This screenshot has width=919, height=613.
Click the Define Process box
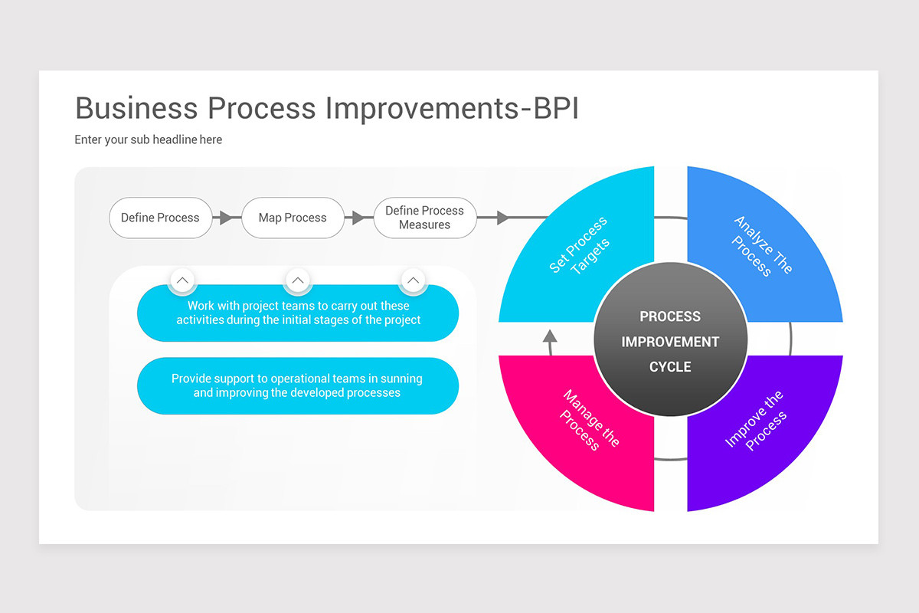coord(160,218)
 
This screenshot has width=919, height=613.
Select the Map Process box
coord(293,218)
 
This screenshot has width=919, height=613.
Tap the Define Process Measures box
coord(424,218)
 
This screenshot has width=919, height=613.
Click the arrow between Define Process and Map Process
coord(225,218)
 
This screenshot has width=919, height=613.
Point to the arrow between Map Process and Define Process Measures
coord(357,218)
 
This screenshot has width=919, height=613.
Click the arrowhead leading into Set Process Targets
coord(503,218)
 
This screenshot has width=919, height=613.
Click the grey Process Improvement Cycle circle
coord(670,341)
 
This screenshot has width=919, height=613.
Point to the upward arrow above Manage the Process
coord(549,337)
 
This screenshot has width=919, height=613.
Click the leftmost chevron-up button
coord(182,280)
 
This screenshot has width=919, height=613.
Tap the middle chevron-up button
coord(298,280)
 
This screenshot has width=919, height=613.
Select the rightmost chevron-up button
coord(413,280)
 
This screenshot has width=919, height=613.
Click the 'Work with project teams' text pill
coord(298,313)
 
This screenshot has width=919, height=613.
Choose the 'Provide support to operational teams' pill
coord(298,385)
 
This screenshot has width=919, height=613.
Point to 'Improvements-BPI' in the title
coord(452,108)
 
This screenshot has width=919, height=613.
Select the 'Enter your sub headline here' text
coord(149,139)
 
